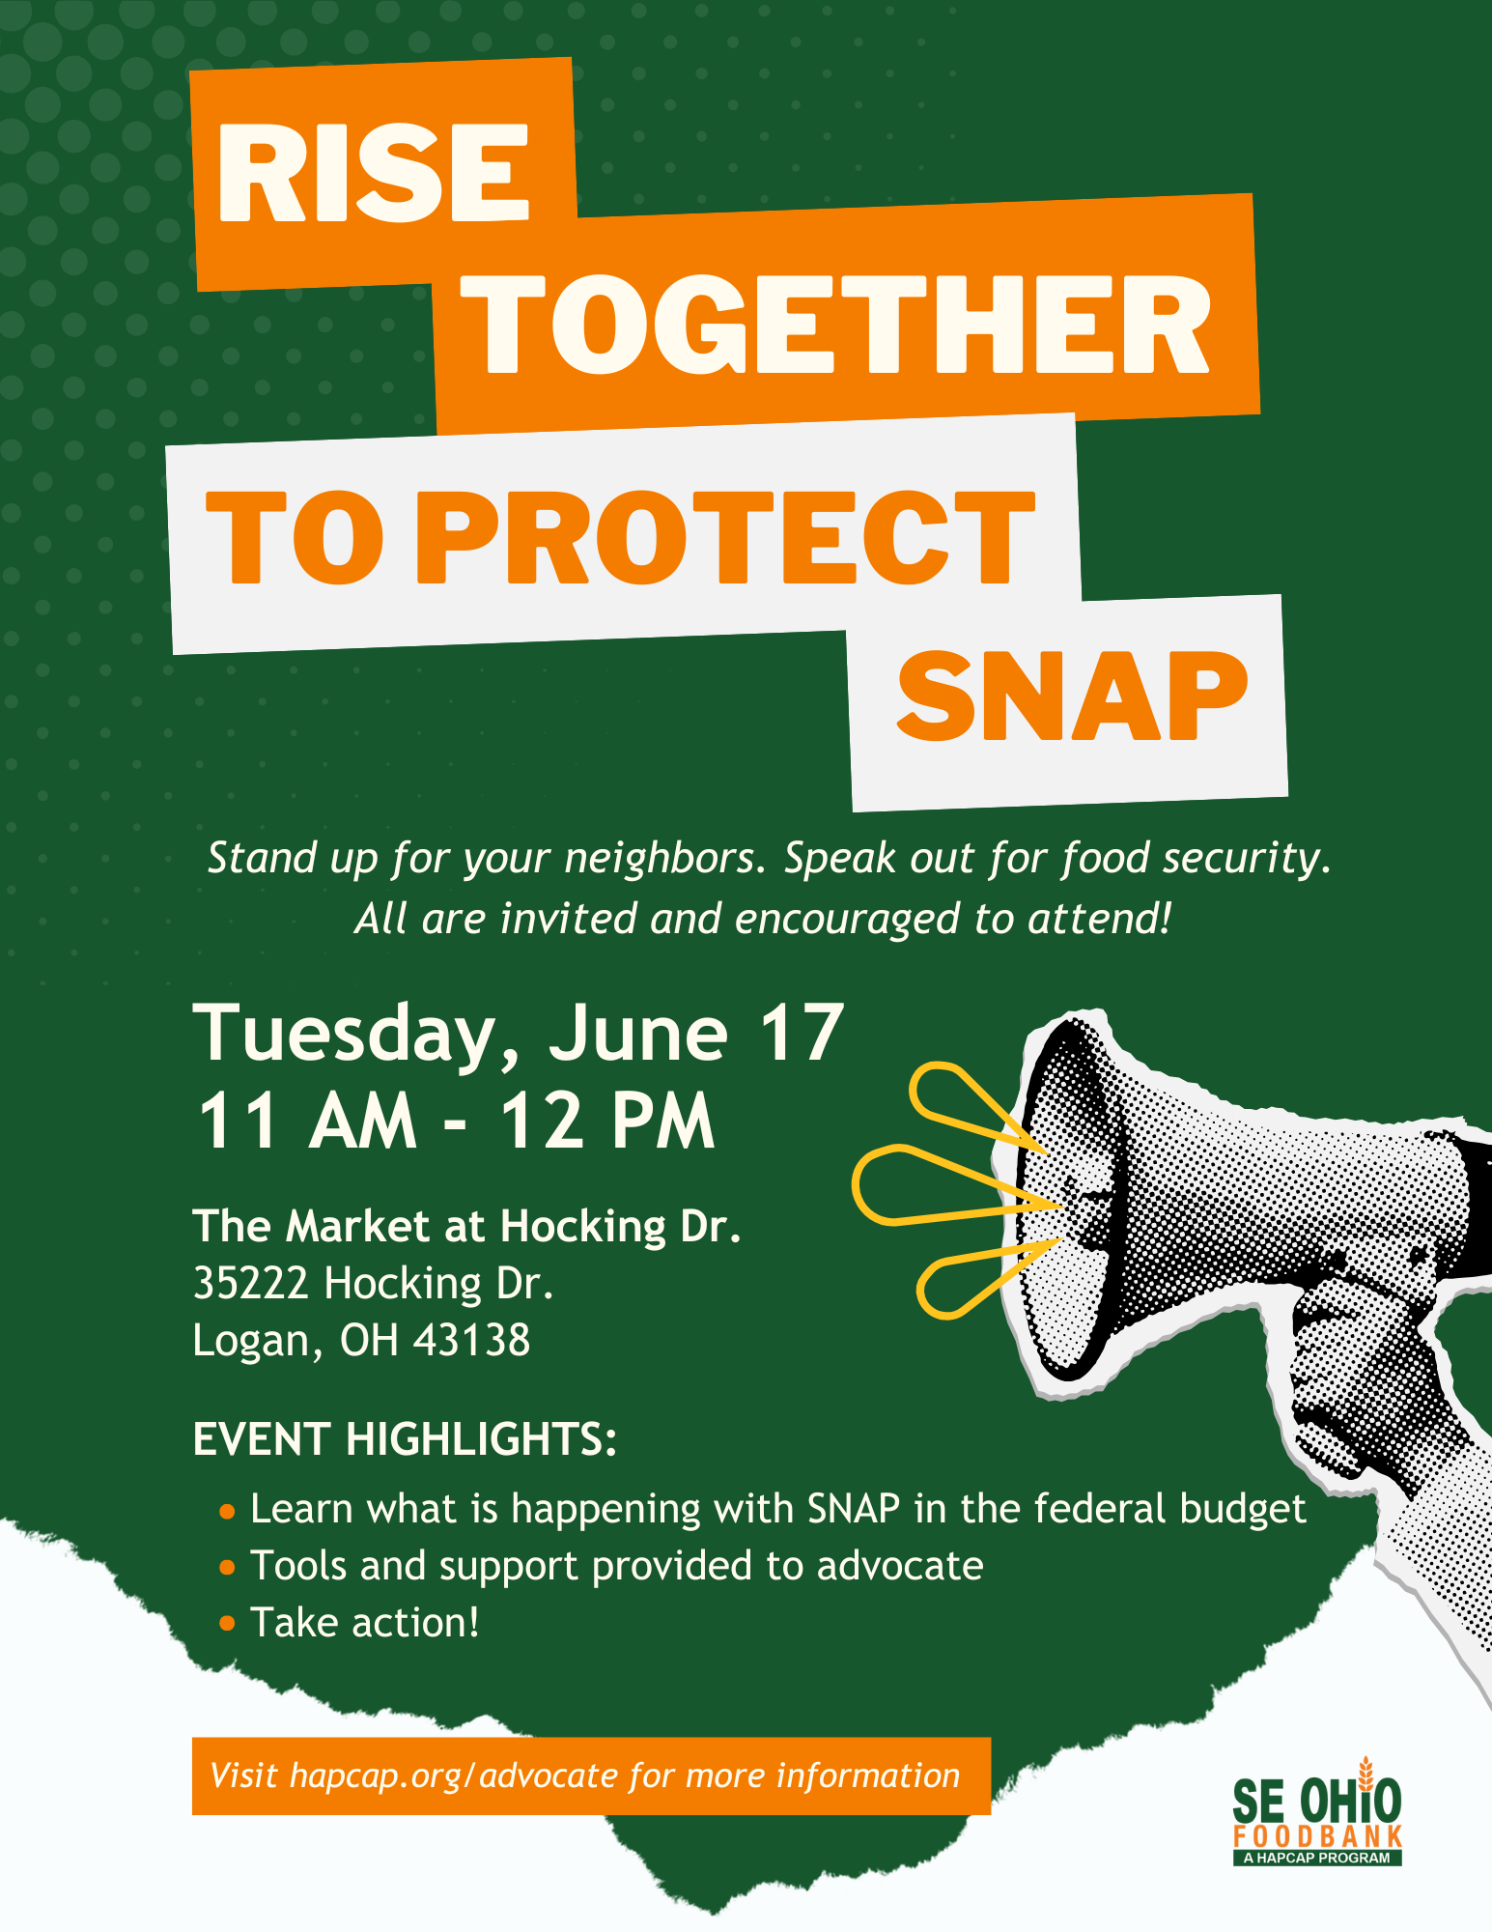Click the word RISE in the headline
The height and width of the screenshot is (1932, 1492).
374,173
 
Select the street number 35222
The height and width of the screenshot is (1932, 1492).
251,1283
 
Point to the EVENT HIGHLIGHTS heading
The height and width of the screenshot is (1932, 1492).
405,1438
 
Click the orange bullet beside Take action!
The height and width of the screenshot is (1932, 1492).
227,1624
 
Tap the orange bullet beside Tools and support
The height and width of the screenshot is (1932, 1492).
227,1567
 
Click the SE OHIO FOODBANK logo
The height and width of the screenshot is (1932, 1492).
1317,1812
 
